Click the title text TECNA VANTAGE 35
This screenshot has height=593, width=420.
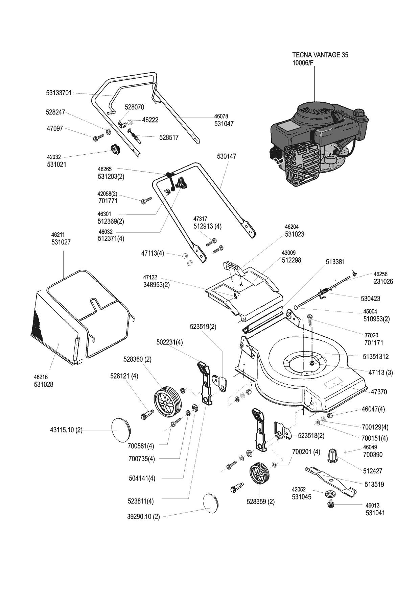pos(320,55)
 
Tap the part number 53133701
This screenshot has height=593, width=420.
pos(59,93)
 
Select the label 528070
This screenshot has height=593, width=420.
pos(134,107)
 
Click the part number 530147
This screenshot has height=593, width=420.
pos(227,156)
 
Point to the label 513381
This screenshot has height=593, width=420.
pos(335,262)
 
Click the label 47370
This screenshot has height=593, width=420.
pos(379,392)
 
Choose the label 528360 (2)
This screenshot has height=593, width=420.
pos(137,359)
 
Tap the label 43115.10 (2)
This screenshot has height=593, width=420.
pos(66,431)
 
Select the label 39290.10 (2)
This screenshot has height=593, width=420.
pos(143,517)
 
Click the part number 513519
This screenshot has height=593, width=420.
pos(374,484)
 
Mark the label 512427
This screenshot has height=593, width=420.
pos(373,471)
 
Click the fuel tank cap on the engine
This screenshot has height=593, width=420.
pos(359,112)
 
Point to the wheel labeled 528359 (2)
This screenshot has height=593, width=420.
pos(259,474)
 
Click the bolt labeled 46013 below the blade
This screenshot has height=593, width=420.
pos(331,505)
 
